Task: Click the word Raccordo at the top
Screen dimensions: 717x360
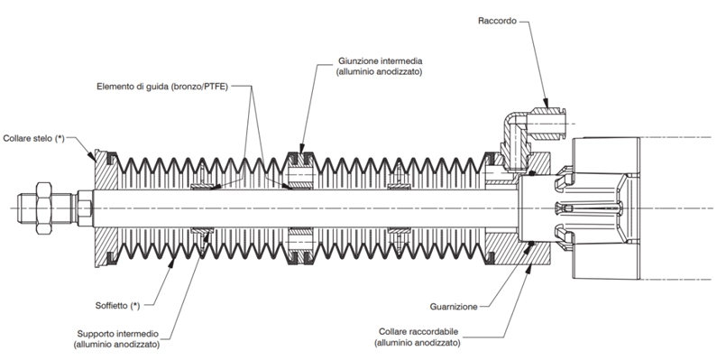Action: tap(497, 21)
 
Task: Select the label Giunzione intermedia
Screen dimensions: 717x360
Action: tap(381, 60)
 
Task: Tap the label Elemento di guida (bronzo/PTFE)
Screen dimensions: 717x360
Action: tap(161, 87)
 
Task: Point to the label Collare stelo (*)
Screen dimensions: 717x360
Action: tap(34, 138)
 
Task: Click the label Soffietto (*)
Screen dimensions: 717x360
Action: tap(117, 306)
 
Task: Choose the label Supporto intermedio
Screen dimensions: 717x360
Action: tap(117, 334)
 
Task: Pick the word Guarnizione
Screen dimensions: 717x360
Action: tap(454, 307)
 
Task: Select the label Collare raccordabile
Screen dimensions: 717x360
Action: tap(418, 331)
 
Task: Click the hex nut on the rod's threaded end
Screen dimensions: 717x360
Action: tap(42, 208)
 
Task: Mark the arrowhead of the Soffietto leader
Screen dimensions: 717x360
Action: tap(173, 262)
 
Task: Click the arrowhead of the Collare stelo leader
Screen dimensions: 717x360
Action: tap(94, 158)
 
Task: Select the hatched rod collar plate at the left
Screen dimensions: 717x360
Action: tap(106, 208)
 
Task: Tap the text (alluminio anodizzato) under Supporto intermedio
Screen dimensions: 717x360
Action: tap(116, 345)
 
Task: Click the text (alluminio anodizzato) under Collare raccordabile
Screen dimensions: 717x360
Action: tap(418, 342)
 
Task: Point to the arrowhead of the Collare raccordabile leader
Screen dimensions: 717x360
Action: tap(528, 269)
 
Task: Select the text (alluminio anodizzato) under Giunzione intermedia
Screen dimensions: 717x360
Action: tap(379, 71)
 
